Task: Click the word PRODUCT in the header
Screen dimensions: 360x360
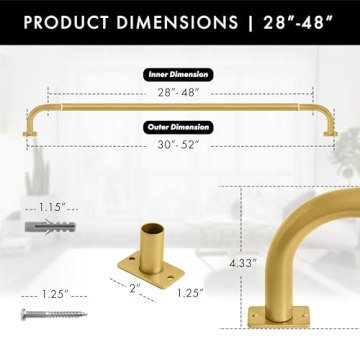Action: point(61,22)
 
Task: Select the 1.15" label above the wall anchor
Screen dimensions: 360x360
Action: point(52,206)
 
